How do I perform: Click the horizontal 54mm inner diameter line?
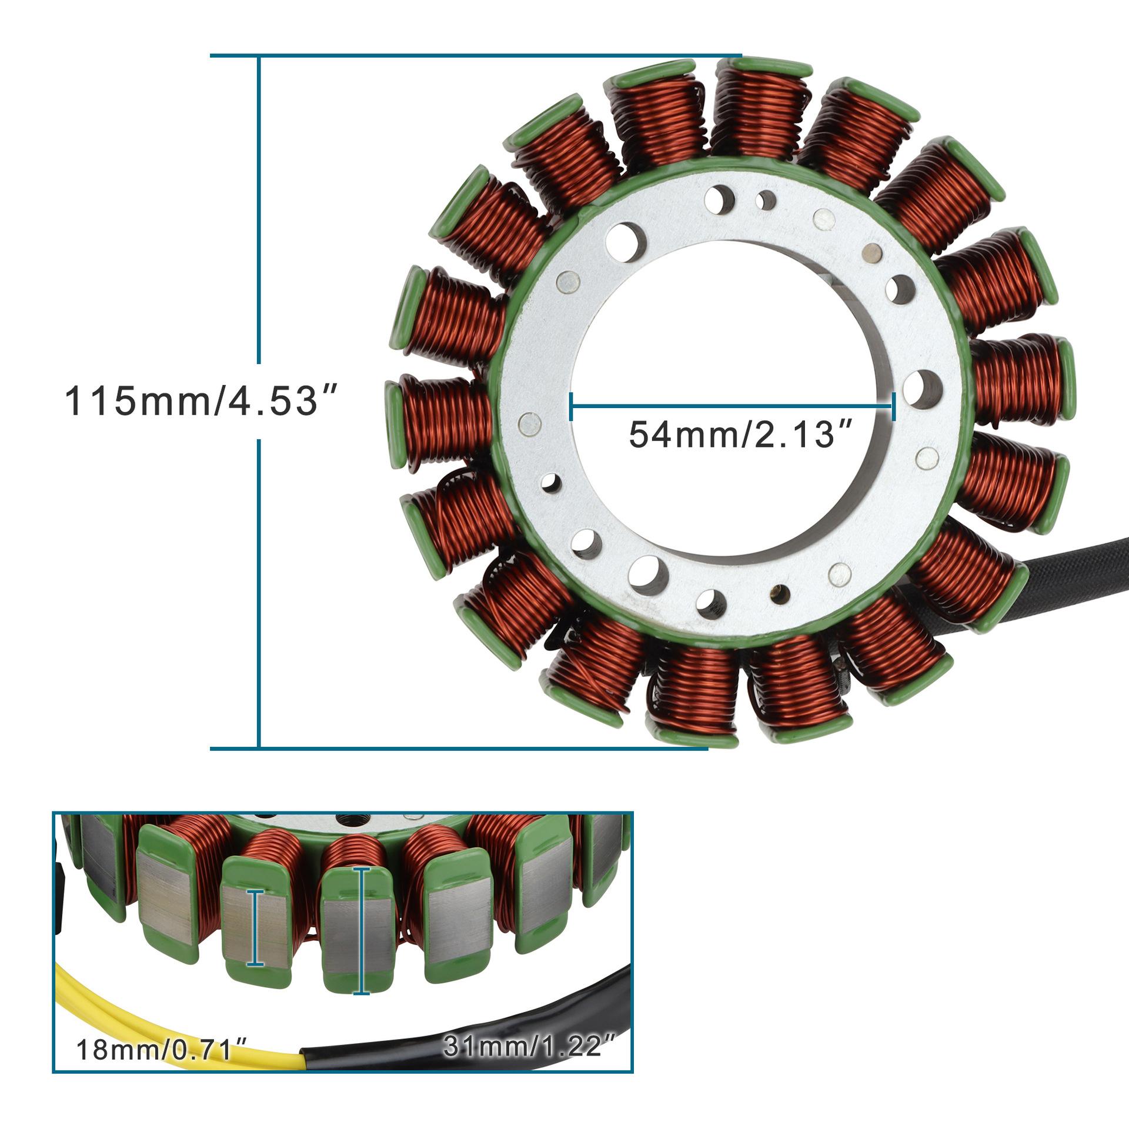[732, 406]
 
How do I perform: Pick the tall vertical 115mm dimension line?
[259, 402]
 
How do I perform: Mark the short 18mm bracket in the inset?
[255, 928]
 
